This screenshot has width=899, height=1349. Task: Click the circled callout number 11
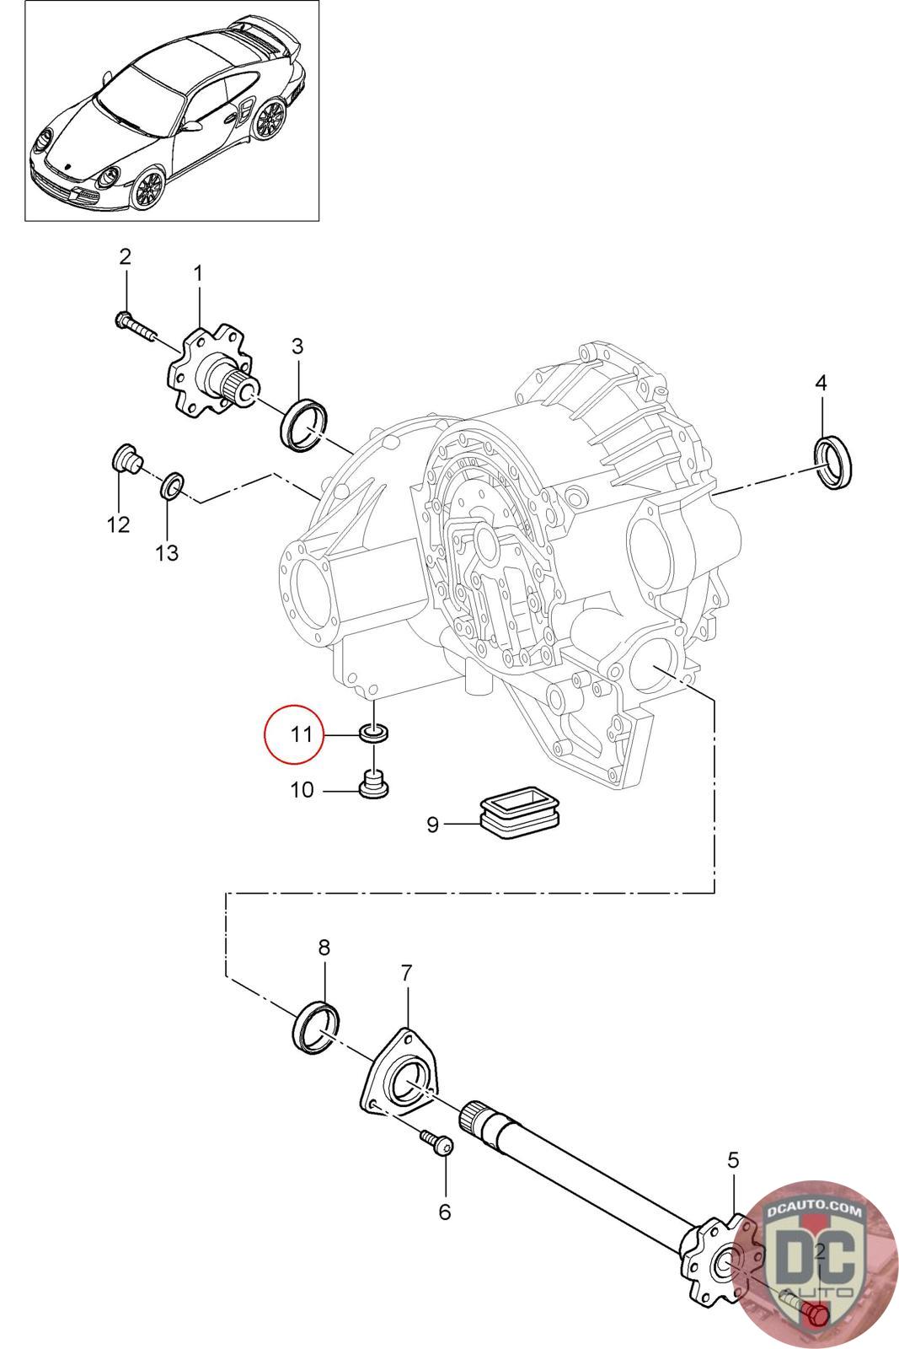coord(302,734)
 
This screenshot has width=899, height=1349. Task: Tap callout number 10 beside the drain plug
coord(302,789)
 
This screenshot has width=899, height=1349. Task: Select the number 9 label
coord(432,825)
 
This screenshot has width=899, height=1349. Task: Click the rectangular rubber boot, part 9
coord(521,817)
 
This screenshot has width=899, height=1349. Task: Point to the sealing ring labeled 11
coord(374,734)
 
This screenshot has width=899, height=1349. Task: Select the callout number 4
coord(821,383)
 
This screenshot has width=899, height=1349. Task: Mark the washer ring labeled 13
coord(172,486)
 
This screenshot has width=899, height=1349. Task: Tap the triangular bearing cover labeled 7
coord(400,1072)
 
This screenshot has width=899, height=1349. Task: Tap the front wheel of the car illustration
coord(148,189)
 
